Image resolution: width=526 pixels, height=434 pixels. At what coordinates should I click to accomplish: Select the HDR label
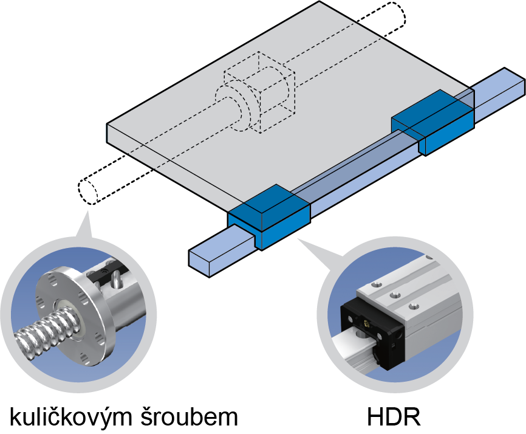tap(394, 416)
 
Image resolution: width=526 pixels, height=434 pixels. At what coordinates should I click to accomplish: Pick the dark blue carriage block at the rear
tap(432, 123)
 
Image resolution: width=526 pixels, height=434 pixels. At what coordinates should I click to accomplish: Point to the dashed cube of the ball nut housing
tap(259, 92)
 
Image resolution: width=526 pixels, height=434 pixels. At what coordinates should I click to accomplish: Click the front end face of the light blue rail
tap(199, 263)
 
